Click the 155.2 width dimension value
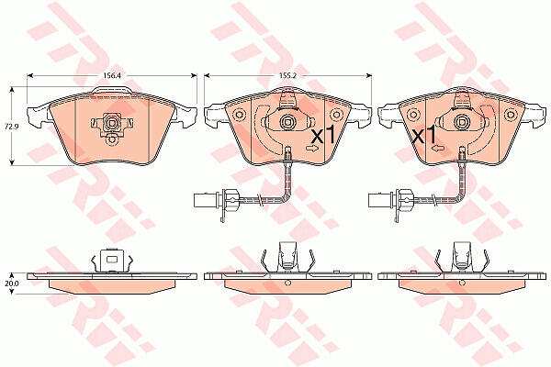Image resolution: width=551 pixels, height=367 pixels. tap(287, 75)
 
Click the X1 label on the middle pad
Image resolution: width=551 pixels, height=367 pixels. tap(323, 134)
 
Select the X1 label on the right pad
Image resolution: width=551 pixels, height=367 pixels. tap(424, 135)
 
